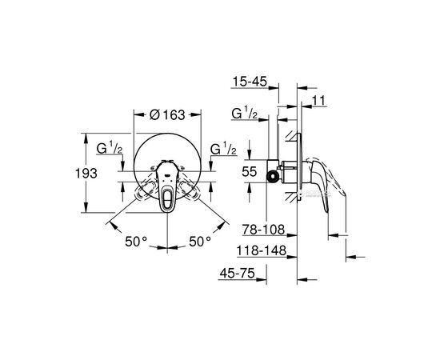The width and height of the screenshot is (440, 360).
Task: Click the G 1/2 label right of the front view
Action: [x=222, y=150]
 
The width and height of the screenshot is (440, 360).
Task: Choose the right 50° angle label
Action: [x=199, y=240]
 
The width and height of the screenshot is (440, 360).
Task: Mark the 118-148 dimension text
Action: [x=258, y=250]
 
